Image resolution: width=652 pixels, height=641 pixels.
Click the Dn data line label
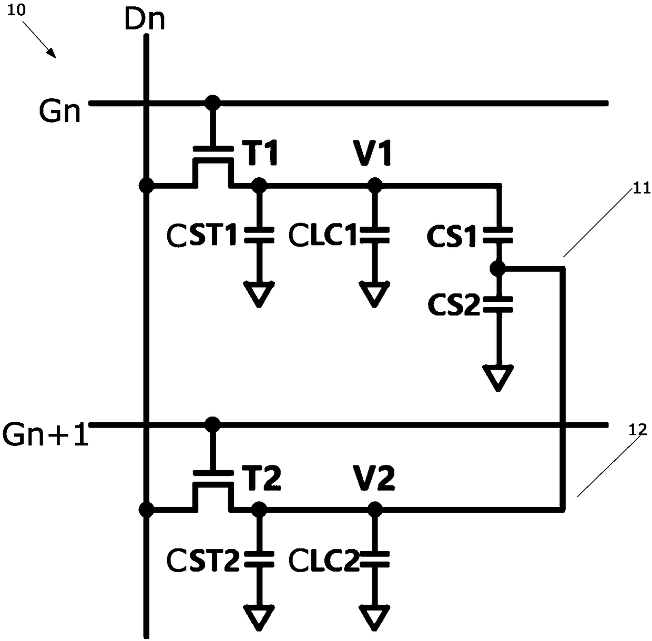point(145,19)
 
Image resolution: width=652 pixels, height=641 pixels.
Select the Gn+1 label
point(45,434)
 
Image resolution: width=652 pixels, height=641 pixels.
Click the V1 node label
point(373,153)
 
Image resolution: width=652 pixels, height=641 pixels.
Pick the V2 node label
point(374,477)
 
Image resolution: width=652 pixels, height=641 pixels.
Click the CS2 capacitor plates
point(498,304)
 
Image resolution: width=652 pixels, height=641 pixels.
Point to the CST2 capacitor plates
point(259,559)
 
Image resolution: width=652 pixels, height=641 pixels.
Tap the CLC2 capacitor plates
point(374,559)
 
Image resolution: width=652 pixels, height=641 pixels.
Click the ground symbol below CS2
point(498,378)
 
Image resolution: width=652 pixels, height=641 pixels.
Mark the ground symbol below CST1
point(259,294)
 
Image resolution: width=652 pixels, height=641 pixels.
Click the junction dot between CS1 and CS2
point(498,269)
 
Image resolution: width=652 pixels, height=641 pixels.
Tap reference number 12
point(638,430)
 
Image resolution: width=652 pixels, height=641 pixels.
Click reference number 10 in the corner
point(16,10)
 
